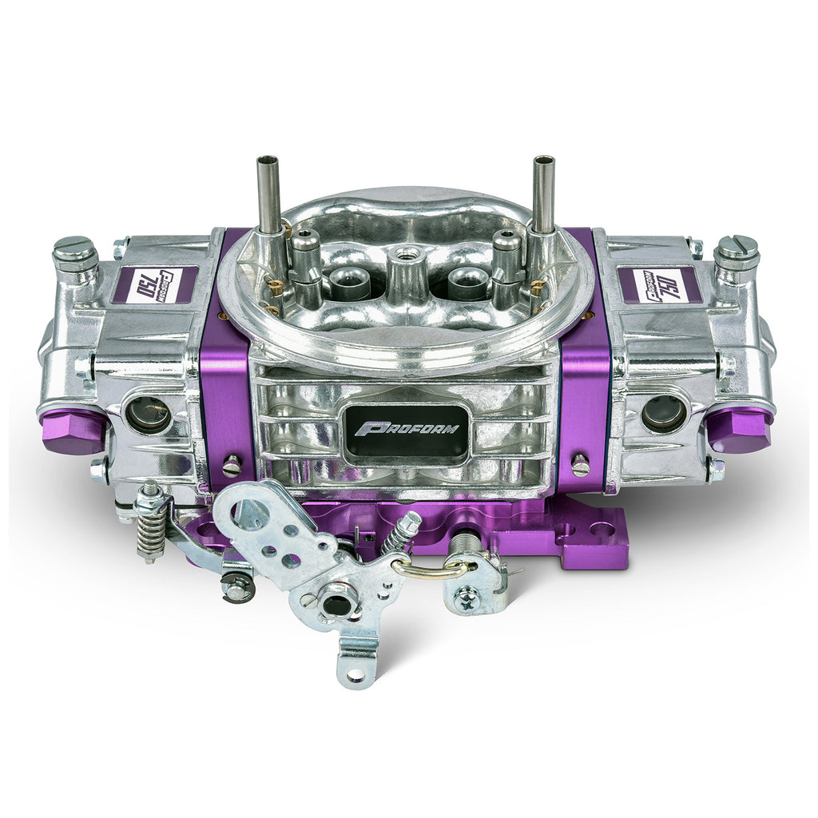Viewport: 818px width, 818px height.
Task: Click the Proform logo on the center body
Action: (407, 428)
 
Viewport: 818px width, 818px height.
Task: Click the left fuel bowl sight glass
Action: (148, 415)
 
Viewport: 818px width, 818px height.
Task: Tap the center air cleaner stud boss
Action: (405, 272)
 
